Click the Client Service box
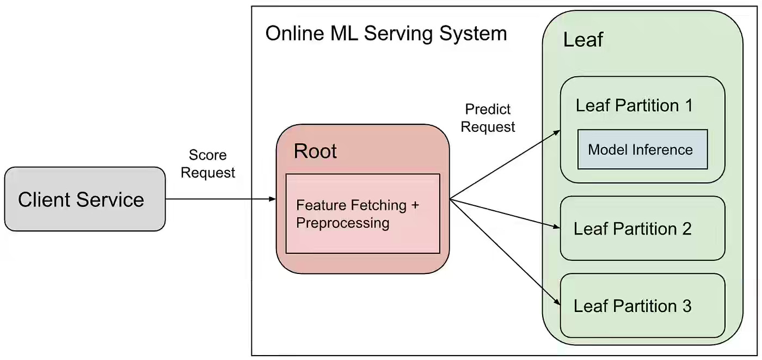tap(85, 199)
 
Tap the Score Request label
tap(208, 164)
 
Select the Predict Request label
tap(488, 118)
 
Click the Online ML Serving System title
tap(386, 34)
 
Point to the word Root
tap(315, 151)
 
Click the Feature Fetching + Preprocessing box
tap(362, 213)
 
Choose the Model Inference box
tap(643, 149)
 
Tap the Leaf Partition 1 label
tap(634, 105)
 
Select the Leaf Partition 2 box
tap(643, 228)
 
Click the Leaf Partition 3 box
tap(643, 306)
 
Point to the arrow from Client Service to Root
tap(221, 199)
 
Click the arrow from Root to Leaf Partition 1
tap(505, 164)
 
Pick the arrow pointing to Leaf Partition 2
tap(505, 213)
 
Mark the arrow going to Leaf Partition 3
tap(505, 252)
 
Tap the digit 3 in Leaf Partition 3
tap(687, 306)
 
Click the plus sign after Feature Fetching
tap(415, 205)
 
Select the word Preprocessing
tap(342, 223)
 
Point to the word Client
tap(44, 199)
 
